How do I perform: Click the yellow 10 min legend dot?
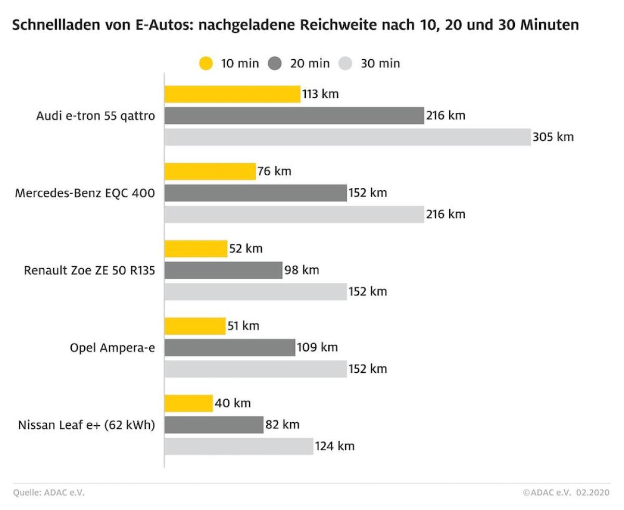coord(206,63)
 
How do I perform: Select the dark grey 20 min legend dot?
coord(275,63)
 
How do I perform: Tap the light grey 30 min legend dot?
coord(345,63)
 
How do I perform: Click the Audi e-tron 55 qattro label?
coord(96,116)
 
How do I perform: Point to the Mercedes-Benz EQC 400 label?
coord(85,193)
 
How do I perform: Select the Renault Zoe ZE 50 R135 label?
coord(89,270)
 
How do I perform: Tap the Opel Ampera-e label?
coord(112,347)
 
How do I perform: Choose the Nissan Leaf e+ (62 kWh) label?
coord(87,425)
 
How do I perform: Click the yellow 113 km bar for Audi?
coord(232,94)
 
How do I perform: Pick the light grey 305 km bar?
coord(347,137)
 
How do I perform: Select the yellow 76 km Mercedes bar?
coord(210,171)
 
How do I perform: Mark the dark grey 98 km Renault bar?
coord(224,270)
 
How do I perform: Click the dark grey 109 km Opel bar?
coord(230,347)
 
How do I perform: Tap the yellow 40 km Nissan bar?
coord(188,403)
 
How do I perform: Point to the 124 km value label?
coord(335,446)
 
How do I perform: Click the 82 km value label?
coord(282,425)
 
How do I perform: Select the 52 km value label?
coord(246,249)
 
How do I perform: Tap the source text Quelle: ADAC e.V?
coord(49,493)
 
